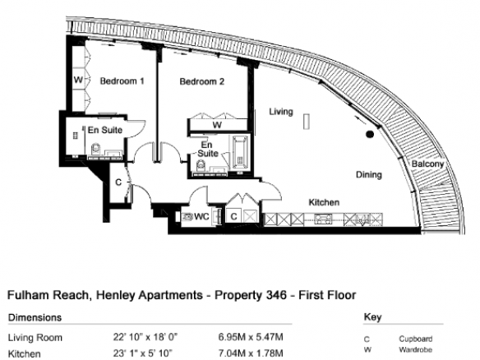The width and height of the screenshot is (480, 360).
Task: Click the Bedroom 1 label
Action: (x=122, y=81)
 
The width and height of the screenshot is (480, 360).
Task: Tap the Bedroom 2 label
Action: (x=201, y=81)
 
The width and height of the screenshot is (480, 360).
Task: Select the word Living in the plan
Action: (x=281, y=112)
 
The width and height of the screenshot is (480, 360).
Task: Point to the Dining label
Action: (x=369, y=175)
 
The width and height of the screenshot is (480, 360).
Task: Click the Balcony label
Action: (x=427, y=164)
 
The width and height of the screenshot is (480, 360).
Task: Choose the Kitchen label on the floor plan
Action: (x=324, y=202)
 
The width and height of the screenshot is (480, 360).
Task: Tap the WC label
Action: (x=201, y=217)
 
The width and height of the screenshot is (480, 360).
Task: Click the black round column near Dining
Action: (x=370, y=134)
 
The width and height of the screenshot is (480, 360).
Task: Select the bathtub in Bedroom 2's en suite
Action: (x=240, y=152)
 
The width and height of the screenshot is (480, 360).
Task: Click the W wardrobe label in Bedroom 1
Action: (x=78, y=80)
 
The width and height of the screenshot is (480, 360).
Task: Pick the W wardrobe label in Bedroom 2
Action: (x=217, y=125)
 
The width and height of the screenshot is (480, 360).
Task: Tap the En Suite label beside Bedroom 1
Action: (x=105, y=130)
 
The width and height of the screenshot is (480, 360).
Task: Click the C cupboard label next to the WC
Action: (x=234, y=217)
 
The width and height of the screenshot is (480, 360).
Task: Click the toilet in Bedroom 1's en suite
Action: (x=96, y=149)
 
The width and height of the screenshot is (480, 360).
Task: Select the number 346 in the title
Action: (x=277, y=295)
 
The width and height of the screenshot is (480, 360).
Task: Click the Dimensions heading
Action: (x=35, y=317)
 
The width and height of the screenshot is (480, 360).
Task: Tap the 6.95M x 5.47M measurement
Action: (x=251, y=337)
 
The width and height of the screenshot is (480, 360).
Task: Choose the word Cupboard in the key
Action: (x=416, y=339)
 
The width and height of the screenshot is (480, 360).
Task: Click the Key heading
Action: (x=372, y=317)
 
